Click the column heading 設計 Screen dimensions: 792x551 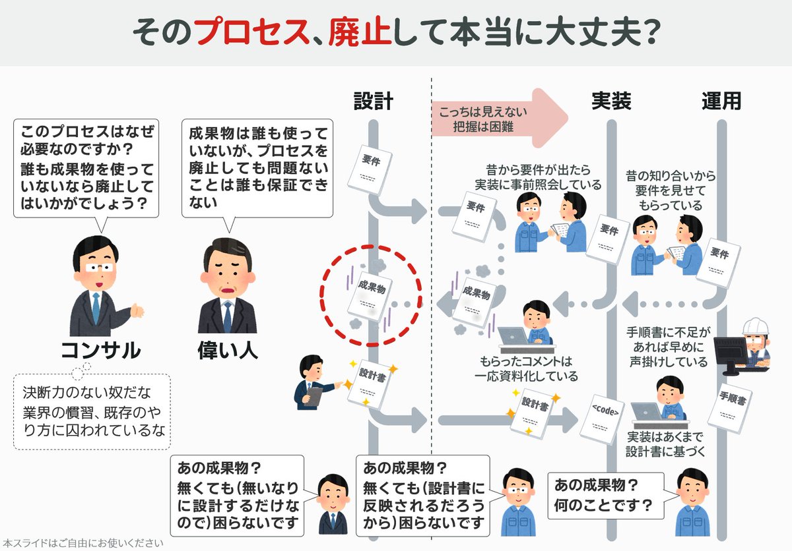click(x=373, y=101)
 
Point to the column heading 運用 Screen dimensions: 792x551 click(x=721, y=101)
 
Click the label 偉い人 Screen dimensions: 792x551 click(x=227, y=349)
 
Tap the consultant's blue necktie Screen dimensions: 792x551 click(x=96, y=308)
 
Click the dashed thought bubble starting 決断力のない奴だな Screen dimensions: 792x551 click(x=91, y=412)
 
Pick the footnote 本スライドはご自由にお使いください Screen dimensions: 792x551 click(x=82, y=544)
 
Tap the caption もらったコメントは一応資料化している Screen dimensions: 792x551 click(x=526, y=369)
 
